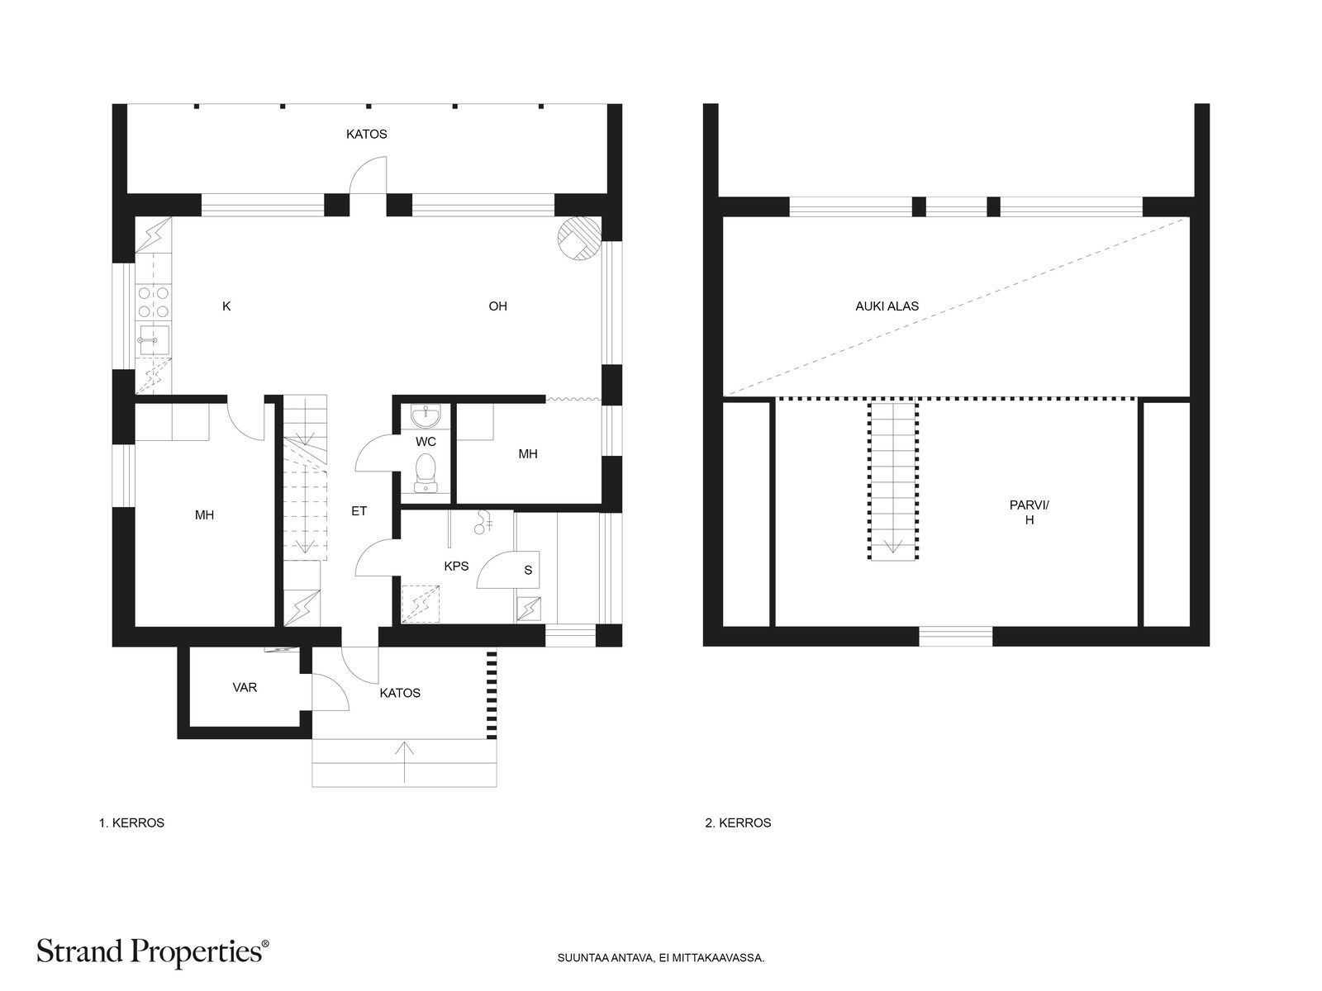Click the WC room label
coord(426,442)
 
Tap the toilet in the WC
coord(426,473)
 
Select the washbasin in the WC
coord(426,415)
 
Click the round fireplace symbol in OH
coord(579,239)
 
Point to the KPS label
coord(456,567)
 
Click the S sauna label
coord(528,570)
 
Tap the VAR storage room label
coord(245,687)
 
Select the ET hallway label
coord(359,511)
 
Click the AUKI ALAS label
coord(887,306)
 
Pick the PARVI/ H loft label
coord(1030,513)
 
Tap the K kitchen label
coord(226,306)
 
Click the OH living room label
coord(497,306)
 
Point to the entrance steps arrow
coord(404,762)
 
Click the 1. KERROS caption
coord(131,823)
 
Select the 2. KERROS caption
coord(738,823)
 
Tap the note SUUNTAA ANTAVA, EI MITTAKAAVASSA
coord(661,958)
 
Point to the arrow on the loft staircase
coord(892,546)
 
